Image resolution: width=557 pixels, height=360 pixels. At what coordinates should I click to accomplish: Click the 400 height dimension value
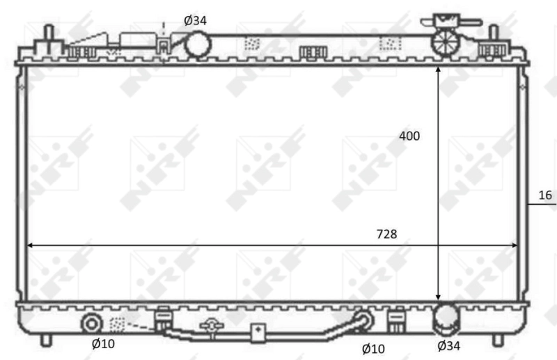tap(409, 136)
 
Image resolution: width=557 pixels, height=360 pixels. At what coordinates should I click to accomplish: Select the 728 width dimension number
tap(386, 235)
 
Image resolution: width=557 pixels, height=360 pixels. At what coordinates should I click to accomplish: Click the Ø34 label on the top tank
tap(195, 20)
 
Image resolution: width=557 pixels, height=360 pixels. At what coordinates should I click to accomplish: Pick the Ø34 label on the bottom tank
tap(448, 344)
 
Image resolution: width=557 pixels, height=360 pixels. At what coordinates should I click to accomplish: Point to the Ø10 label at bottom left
tap(104, 343)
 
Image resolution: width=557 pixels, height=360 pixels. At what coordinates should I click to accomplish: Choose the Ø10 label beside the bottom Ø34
tap(373, 347)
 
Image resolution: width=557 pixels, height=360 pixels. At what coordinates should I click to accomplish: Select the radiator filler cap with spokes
tap(444, 41)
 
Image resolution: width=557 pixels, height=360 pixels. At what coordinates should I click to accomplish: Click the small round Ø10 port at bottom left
tap(92, 324)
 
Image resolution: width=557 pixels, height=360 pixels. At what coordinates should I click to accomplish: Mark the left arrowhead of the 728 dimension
tap(29, 245)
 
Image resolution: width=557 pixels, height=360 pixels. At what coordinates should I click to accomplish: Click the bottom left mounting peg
tap(46, 340)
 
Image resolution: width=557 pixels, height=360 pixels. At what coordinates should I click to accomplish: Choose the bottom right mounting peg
tap(497, 340)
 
